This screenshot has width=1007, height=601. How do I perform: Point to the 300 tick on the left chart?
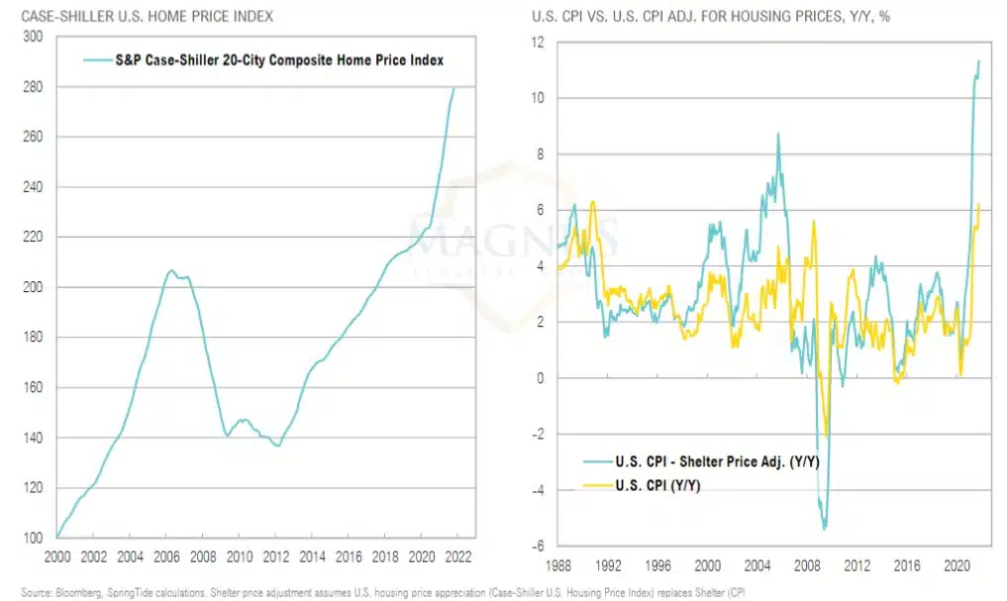tap(34, 37)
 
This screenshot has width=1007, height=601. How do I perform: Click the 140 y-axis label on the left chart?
tap(34, 438)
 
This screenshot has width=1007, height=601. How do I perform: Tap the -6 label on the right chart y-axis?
tap(538, 546)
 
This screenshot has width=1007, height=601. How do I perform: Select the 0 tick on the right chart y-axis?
tap(542, 378)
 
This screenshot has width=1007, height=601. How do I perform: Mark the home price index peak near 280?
tap(454, 88)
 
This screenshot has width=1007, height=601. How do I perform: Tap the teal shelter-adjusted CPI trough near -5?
tap(824, 528)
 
